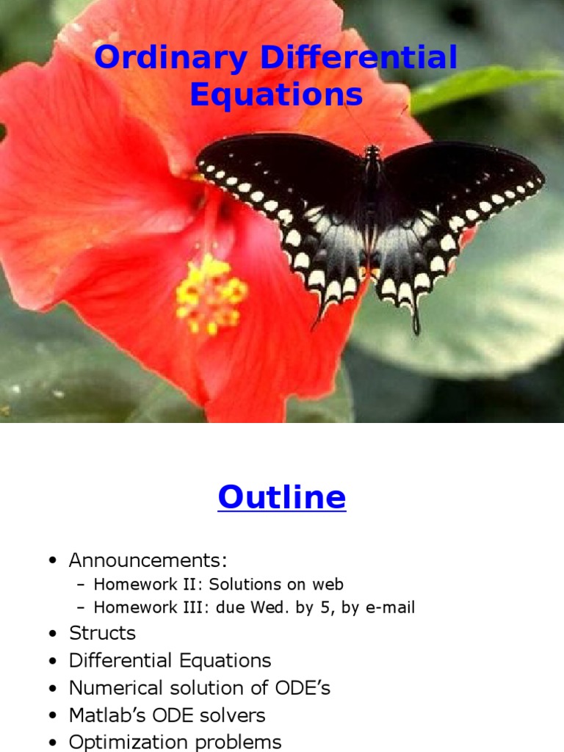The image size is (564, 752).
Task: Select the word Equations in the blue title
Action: click(276, 95)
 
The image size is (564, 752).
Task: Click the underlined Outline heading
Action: click(281, 498)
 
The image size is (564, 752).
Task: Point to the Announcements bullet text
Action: click(148, 561)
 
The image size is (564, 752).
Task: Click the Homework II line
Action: click(218, 585)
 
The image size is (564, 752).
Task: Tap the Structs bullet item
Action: click(102, 633)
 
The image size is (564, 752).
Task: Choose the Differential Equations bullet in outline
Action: click(170, 660)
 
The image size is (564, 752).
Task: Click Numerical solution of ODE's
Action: click(199, 688)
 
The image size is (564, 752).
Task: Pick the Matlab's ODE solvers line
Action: click(167, 715)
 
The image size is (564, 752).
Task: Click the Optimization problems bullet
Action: click(175, 742)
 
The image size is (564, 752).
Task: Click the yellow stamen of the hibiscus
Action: click(210, 294)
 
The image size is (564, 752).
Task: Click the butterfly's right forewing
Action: click(463, 176)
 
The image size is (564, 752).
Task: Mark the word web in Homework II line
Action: click(328, 585)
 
